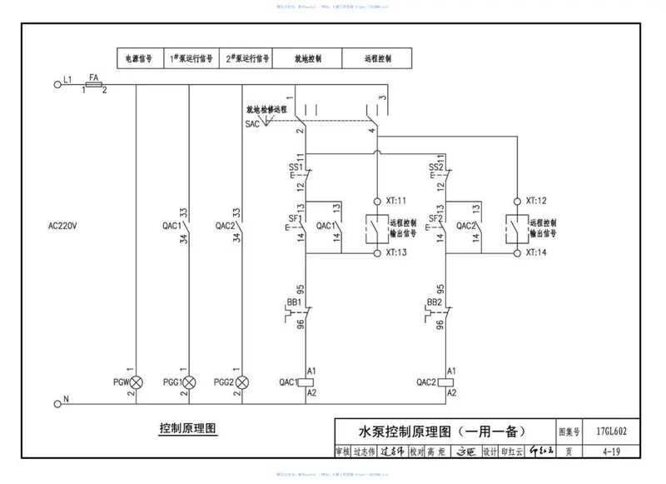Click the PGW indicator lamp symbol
tap(135, 382)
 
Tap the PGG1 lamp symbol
tap(190, 382)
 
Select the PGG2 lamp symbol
tap(242, 382)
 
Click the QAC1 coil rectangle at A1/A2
tap(306, 382)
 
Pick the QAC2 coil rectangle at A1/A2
tap(447, 382)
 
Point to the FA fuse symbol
tap(94, 84)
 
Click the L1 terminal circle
tap(57, 83)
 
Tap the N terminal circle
tap(57, 401)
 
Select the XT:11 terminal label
tap(395, 201)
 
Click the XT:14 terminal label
tap(536, 252)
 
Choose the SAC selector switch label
tap(252, 123)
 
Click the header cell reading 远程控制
tap(377, 60)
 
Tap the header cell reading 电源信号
tap(139, 60)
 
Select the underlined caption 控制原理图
tap(187, 429)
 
